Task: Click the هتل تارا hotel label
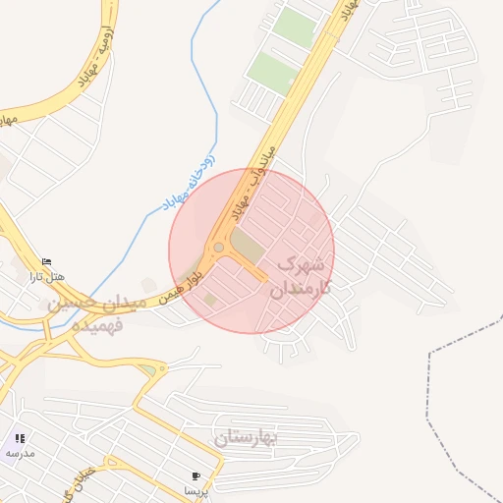[x=46, y=276]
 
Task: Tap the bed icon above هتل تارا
[x=46, y=260]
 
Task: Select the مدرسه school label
[x=20, y=453]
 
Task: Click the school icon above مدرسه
[x=20, y=438]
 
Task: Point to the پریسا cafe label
[x=196, y=490]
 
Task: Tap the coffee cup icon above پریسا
[x=196, y=476]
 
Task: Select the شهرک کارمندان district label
[x=304, y=276]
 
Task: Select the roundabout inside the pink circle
[x=218, y=248]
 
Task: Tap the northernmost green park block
[x=295, y=28]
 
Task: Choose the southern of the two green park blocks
[x=271, y=73]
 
